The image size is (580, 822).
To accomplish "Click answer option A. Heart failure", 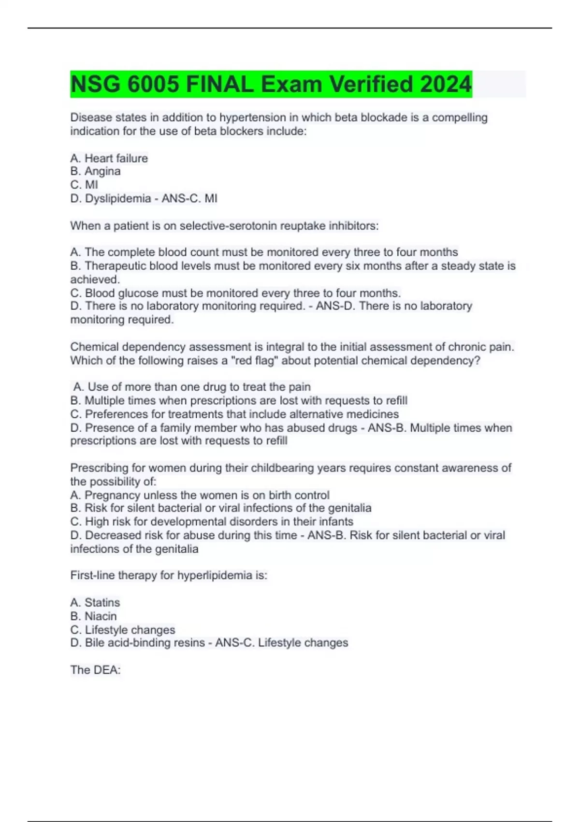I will pyautogui.click(x=109, y=158).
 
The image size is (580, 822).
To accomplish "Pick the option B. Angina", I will pyautogui.click(x=96, y=171).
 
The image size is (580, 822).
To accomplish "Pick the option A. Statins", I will pyautogui.click(x=95, y=602).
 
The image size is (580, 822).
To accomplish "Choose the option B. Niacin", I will pyautogui.click(x=94, y=616).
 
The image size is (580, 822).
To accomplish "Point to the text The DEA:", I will pyautogui.click(x=95, y=670).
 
